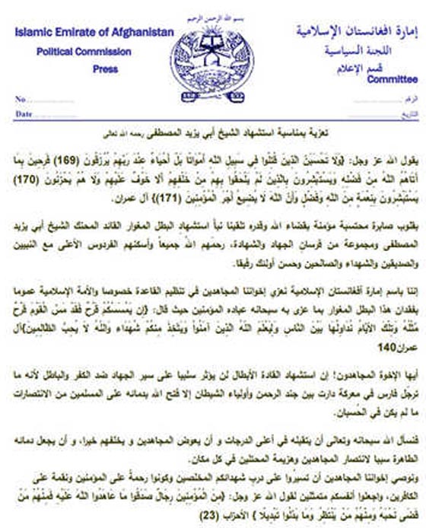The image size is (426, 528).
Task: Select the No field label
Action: pos(21,100)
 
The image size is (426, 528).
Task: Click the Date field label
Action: pos(24,113)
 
